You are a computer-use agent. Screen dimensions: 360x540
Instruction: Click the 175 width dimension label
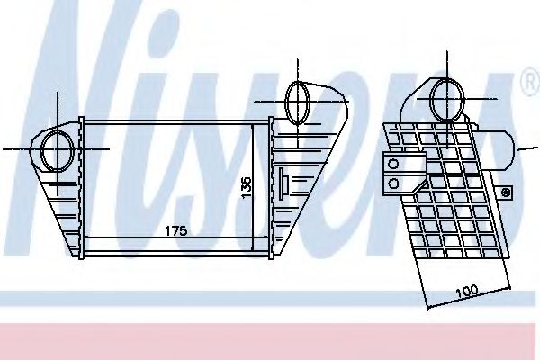tap(175, 231)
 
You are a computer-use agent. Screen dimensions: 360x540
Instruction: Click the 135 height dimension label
tap(245, 186)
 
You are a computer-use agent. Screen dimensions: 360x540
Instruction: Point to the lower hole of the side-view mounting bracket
tap(393, 183)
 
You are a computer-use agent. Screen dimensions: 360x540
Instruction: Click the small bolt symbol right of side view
tap(506, 192)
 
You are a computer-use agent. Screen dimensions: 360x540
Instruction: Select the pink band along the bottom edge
tap(270, 340)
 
